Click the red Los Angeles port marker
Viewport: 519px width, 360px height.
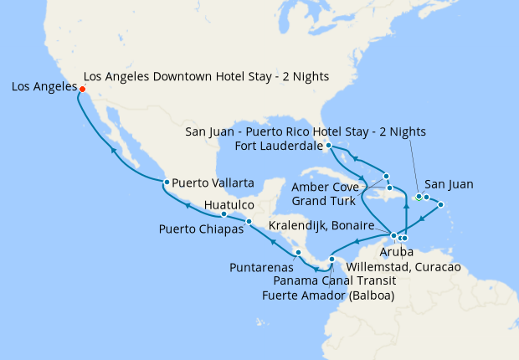coord(82,87)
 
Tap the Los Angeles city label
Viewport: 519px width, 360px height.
coord(43,86)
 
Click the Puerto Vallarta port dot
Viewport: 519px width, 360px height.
coord(167,182)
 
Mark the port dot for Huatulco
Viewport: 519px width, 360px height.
coord(224,214)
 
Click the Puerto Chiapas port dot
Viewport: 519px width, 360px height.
coord(249,222)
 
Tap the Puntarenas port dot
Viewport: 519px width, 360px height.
coord(297,253)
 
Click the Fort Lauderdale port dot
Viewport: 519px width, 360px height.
coord(329,146)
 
